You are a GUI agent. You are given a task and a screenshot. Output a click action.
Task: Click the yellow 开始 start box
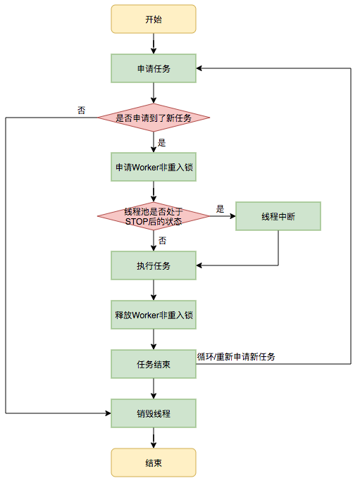(153, 19)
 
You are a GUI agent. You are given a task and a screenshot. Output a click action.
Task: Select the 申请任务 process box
(153, 68)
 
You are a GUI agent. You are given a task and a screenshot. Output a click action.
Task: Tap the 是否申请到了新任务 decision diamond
(153, 118)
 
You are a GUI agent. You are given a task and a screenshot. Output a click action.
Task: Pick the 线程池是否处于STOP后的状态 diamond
(153, 217)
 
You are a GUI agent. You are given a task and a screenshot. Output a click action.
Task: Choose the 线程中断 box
(278, 216)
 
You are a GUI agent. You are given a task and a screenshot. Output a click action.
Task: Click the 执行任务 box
(153, 265)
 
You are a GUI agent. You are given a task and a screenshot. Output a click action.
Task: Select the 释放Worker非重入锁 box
(153, 315)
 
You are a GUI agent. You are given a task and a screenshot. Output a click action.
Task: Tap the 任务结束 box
(153, 364)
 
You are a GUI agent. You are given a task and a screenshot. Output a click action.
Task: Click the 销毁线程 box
(153, 413)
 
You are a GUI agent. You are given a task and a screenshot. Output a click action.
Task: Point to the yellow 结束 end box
(153, 463)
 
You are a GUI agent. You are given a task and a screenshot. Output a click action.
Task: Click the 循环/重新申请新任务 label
(236, 357)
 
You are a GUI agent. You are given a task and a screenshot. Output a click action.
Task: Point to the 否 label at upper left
(82, 111)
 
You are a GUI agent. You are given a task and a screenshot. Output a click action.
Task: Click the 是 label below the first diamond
(161, 142)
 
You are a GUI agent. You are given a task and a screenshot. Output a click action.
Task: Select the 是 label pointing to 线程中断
(220, 209)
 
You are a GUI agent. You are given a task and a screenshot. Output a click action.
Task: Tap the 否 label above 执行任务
(162, 241)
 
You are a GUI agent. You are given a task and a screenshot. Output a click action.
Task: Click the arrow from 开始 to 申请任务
(153, 44)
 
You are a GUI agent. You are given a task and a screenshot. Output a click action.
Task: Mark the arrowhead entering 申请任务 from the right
(199, 68)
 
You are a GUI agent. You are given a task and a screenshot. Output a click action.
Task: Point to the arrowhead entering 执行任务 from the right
(199, 265)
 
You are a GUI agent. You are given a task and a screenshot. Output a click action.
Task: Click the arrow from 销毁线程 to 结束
(153, 438)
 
